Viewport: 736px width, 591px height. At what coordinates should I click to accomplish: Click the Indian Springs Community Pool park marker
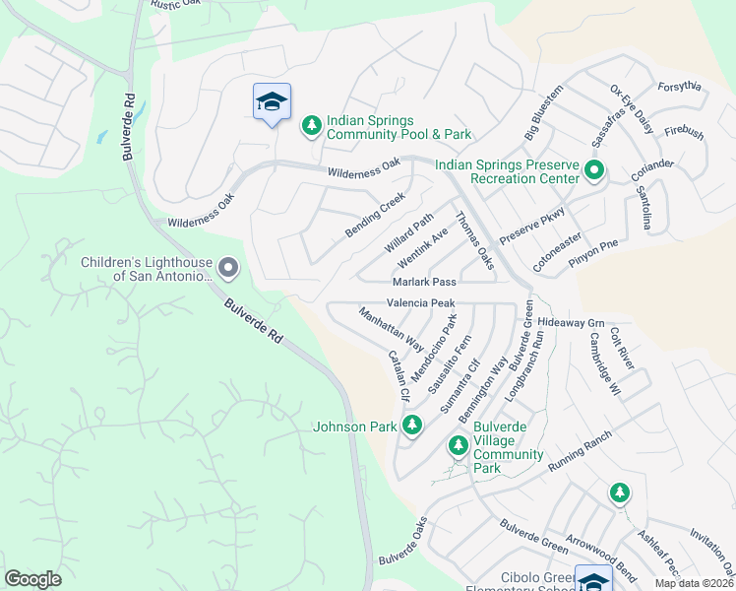pos(312,125)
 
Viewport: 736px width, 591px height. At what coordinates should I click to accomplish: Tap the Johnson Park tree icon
pos(413,426)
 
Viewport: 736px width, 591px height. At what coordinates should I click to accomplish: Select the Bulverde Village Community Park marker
pos(458,445)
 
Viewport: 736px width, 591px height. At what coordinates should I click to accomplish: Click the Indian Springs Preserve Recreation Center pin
pos(594,170)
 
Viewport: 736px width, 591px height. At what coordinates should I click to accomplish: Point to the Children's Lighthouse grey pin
pos(228,267)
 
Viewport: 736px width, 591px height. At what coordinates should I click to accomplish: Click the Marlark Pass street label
pos(425,282)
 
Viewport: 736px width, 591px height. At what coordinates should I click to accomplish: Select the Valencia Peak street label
pos(420,303)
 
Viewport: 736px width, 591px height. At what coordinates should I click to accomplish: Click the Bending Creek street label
pos(375,215)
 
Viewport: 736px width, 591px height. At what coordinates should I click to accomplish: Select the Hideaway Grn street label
pos(571,323)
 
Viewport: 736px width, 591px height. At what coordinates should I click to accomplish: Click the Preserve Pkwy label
pos(532,226)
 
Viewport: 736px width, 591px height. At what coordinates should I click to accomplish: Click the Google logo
pos(33,579)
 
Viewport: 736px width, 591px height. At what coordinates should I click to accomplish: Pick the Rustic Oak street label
pos(176,5)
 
